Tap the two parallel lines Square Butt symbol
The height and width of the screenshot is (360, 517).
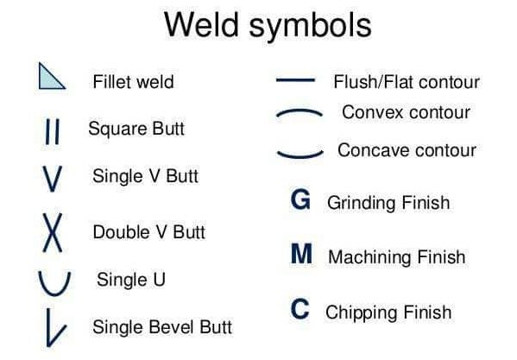click(x=53, y=131)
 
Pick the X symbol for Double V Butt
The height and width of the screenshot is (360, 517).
click(x=53, y=232)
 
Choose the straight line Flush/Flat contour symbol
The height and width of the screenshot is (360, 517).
click(x=295, y=79)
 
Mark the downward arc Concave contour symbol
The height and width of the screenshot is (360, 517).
click(x=300, y=156)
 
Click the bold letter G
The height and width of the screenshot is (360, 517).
click(x=300, y=199)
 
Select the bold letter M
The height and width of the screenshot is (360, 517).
click(x=301, y=254)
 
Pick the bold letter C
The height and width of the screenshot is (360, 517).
click(x=300, y=309)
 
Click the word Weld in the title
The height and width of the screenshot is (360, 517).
click(x=201, y=25)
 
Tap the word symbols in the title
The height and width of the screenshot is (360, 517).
click(x=310, y=27)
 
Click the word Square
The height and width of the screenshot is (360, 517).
click(x=113, y=129)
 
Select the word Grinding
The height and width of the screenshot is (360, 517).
click(x=362, y=204)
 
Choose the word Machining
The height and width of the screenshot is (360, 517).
click(x=369, y=257)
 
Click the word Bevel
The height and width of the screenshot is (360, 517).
click(x=171, y=327)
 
